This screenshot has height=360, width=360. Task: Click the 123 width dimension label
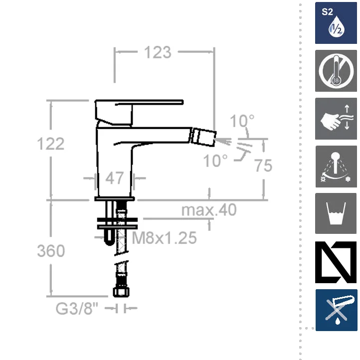pos(158,52)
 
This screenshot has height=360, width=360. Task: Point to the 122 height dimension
pos(51,144)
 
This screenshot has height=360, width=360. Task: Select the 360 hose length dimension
pos(51,250)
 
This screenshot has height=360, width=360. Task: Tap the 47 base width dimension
pos(114,178)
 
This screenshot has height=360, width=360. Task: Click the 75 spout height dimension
pos(263,166)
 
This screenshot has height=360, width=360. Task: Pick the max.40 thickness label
pos(209,209)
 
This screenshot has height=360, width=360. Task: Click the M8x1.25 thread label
pos(165,238)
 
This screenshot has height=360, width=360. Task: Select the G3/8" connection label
pos(77,308)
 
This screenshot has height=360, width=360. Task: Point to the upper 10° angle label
pos(242,121)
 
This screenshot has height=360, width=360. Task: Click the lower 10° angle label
pos(215,161)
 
